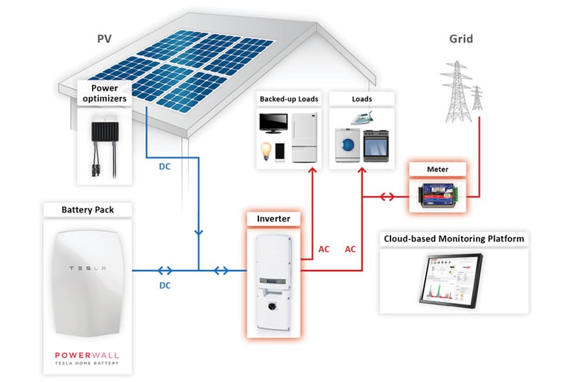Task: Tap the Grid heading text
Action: (461, 39)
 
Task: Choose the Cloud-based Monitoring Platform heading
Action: (453, 238)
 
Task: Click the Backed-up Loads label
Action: (289, 99)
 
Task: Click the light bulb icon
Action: (266, 150)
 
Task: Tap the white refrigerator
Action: (302, 137)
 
